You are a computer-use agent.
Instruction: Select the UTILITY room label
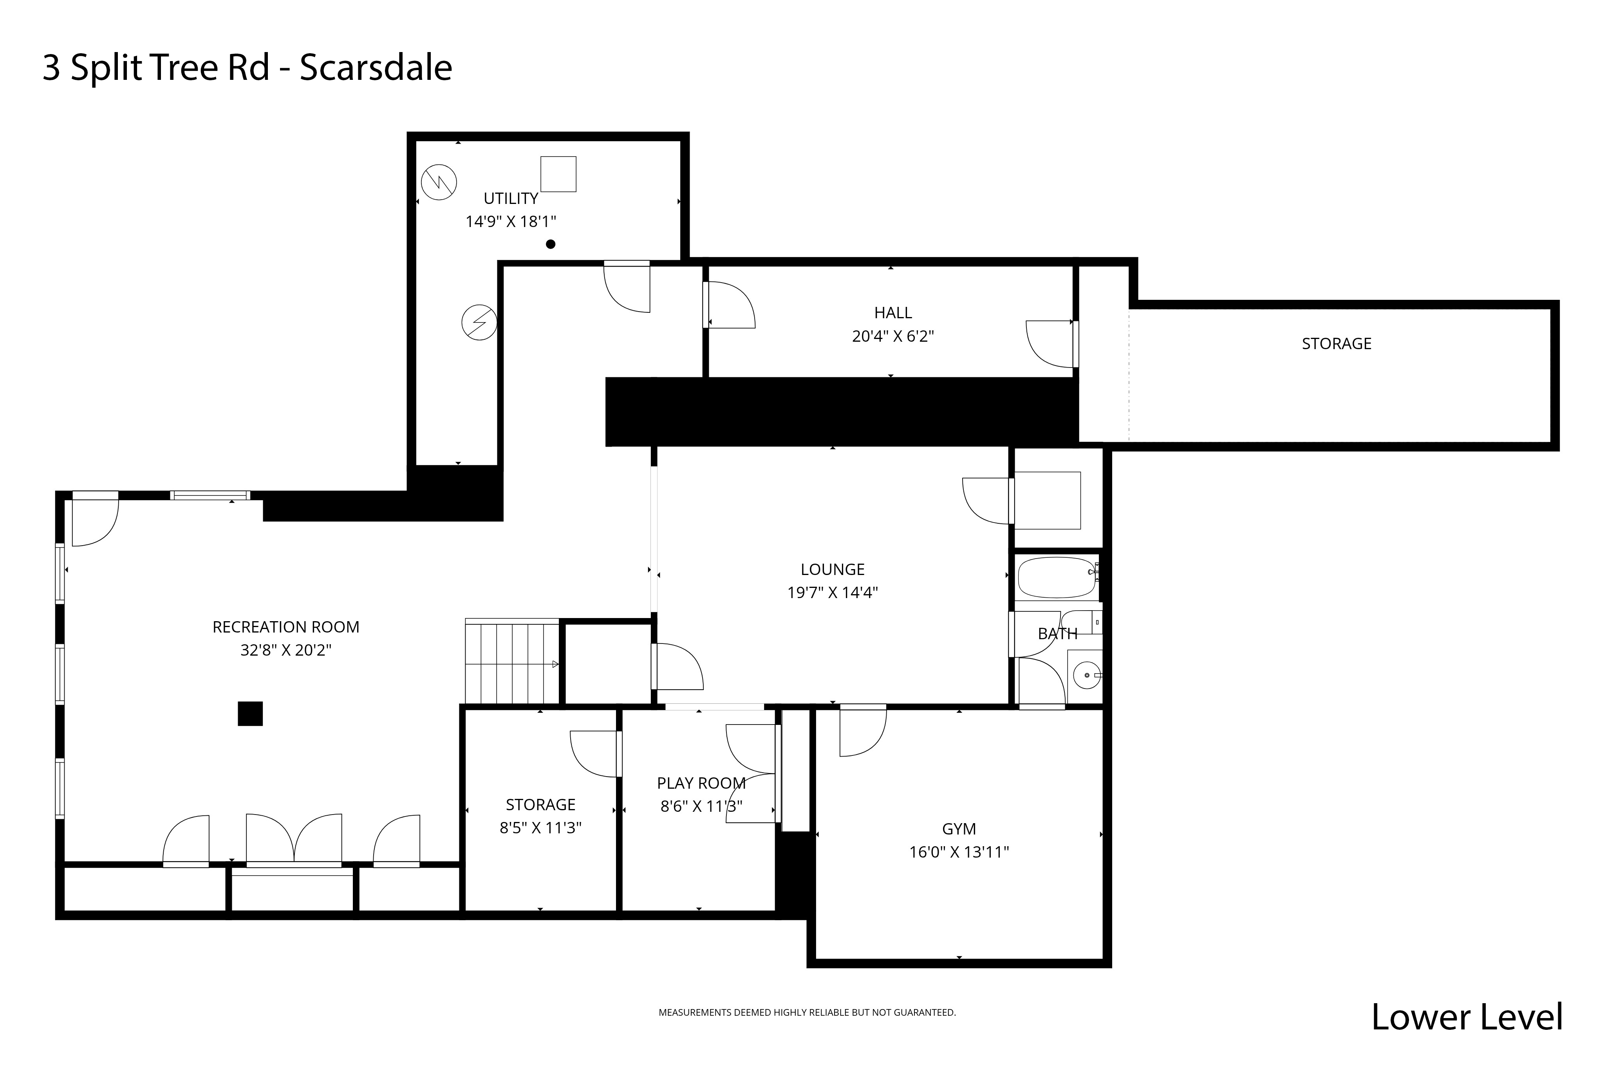coord(511,198)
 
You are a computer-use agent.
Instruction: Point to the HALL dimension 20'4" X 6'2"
coord(893,336)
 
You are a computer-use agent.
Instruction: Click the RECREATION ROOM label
coord(285,627)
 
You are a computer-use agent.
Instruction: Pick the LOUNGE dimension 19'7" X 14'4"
coord(833,592)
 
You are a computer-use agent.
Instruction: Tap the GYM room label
coord(959,829)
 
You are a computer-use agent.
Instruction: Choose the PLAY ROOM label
coord(701,783)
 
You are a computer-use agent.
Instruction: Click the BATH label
coord(1058,633)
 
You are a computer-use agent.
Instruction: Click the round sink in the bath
coord(1086,675)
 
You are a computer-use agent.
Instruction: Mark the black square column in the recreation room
coord(250,714)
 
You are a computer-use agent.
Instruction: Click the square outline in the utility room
coord(558,174)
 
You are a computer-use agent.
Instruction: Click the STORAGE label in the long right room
coord(1336,344)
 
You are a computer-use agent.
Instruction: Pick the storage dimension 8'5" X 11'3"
coord(540,827)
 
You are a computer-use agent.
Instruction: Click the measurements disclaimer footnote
coord(807,1012)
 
